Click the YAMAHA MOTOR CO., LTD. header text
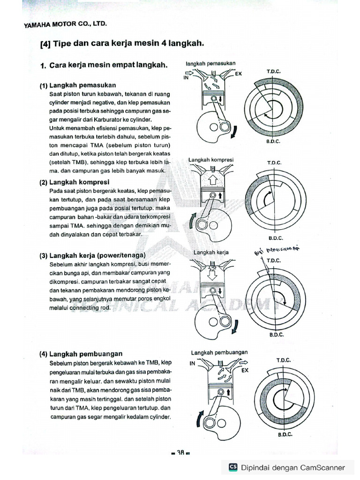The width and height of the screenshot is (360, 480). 62,25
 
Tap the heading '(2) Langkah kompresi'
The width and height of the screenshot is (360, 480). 75,182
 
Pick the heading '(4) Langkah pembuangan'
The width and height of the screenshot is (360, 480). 81,354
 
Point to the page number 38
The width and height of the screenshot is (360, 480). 180,453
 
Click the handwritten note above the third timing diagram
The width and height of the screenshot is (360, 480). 277,248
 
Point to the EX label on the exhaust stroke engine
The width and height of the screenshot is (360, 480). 244,370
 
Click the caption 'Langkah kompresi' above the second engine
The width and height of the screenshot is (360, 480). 211,160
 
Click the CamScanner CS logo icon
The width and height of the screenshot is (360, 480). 233,467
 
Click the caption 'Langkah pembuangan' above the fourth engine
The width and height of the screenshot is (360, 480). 219,352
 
